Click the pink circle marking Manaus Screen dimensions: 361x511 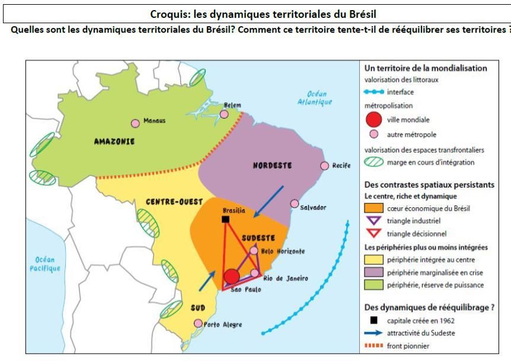coord(135,123)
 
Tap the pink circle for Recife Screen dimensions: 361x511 coord(324,166)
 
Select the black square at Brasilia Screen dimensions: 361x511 coord(225,220)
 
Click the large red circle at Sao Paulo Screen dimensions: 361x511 coord(232,276)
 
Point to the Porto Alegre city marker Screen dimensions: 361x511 coord(198,323)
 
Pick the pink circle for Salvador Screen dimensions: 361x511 coord(295,204)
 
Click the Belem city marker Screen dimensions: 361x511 coord(224,114)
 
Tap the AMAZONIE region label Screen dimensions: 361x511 coord(114,141)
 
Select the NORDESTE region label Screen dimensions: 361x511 coord(272,166)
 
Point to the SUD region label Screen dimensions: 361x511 coord(198,308)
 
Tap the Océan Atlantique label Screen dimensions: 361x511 coord(314,98)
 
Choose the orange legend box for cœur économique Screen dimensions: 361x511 coord(373,208)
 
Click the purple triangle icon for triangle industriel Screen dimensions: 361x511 coord(373,221)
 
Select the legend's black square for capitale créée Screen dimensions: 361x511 coord(373,321)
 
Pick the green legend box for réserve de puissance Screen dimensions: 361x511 coord(373,285)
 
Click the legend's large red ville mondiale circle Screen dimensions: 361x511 coord(373,119)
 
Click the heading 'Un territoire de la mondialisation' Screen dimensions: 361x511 coord(425,68)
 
